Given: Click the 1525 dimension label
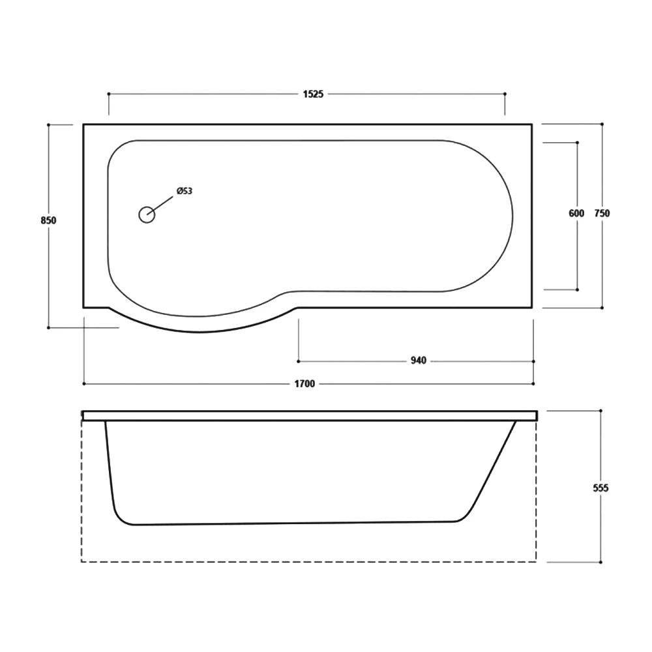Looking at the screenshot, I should point(313,94).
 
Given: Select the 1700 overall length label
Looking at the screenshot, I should point(304,384).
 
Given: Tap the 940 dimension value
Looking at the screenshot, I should point(418,361).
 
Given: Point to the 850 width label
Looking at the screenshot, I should point(49,220).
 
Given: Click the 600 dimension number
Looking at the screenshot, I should point(576,213).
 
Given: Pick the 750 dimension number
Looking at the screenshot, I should point(602,213).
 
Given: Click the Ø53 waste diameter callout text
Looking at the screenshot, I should point(184,191).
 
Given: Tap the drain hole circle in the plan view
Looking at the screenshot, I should point(147,215).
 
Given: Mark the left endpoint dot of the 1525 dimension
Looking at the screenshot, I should point(108,94).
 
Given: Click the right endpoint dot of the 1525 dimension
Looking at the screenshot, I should point(505,94).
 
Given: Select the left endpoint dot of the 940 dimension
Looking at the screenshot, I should point(299,361).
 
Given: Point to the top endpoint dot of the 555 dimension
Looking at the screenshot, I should point(600,411).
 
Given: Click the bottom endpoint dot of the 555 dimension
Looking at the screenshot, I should point(600,561).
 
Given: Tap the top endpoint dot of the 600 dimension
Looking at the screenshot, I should point(577,142).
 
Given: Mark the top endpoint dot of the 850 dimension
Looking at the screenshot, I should point(49,124).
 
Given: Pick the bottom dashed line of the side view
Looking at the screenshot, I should point(306,561).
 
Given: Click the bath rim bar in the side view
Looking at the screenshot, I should point(310,415).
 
